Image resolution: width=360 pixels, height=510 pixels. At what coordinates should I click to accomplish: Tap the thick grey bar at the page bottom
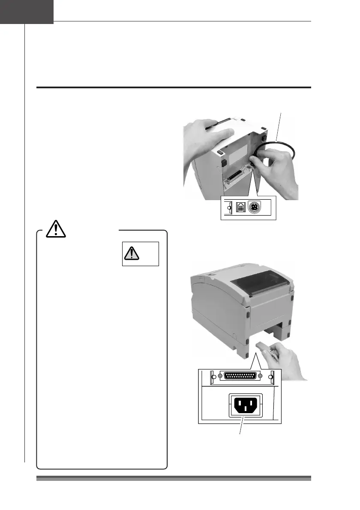(x=173, y=478)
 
